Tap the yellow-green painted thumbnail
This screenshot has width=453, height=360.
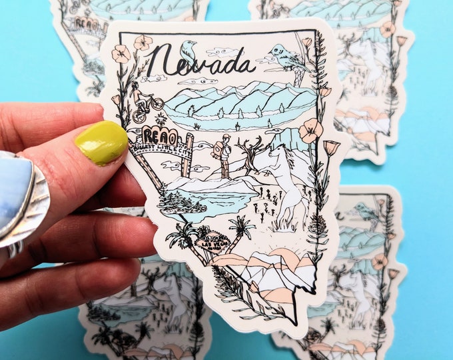(101, 141)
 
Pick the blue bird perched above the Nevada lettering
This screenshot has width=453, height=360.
(189, 49)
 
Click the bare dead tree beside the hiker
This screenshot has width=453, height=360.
(251, 154)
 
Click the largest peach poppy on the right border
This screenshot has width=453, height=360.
(310, 130)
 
